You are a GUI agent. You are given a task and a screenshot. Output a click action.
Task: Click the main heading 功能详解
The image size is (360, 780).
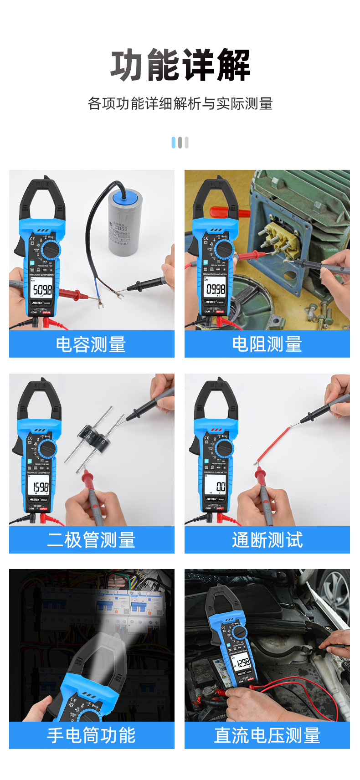pos(180,66)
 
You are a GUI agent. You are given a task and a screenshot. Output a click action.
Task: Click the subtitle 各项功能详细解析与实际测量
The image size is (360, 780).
pos(180,104)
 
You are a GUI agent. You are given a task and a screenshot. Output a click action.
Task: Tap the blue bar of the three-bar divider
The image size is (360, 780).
pos(174,143)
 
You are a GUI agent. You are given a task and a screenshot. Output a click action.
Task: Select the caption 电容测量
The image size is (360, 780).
pos(91,344)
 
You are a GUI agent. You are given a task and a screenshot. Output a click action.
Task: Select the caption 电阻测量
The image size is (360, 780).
pos(267,344)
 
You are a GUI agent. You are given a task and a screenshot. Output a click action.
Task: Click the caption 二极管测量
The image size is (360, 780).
pos(91,540)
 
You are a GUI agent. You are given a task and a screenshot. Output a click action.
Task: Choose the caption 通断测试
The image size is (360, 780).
pos(267,540)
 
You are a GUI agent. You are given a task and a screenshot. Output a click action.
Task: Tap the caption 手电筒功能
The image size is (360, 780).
pos(91,735)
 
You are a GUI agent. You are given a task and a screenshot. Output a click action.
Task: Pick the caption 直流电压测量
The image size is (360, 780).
pos(267,735)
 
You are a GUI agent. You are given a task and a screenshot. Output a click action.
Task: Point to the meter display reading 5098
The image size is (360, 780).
pos(42,289)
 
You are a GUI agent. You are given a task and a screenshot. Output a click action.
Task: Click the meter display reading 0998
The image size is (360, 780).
pos(216,289)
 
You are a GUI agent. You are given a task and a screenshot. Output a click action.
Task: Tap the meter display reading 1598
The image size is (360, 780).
pos(40,487)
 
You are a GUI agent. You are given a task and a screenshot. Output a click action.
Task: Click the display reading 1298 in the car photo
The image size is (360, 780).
pos(243,662)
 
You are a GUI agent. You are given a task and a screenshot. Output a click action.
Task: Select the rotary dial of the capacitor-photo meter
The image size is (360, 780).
pos(50,251)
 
